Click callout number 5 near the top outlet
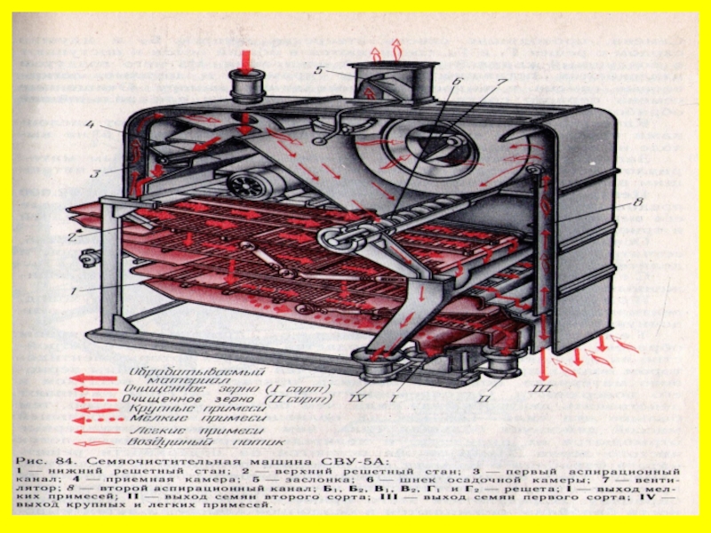click(x=317, y=70)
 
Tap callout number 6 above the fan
click(x=456, y=82)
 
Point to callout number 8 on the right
click(x=636, y=203)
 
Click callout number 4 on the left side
click(x=89, y=125)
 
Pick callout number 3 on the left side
click(x=92, y=171)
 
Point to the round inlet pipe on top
click(x=245, y=86)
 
